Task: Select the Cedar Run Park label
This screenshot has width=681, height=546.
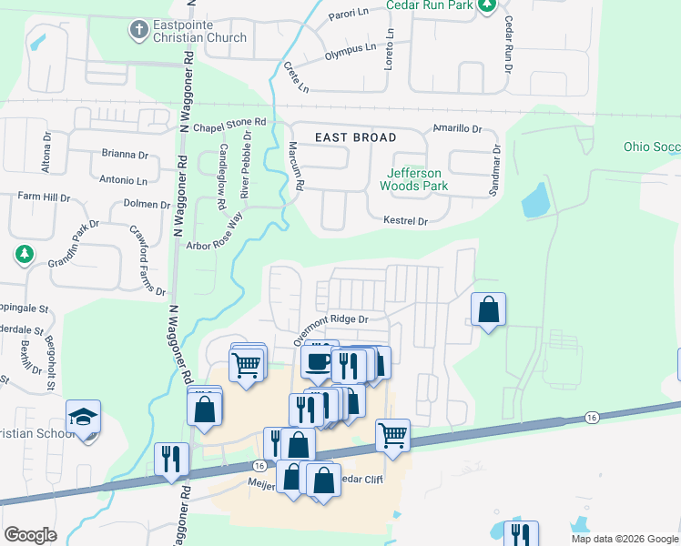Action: (x=431, y=5)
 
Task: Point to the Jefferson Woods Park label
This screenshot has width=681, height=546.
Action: (x=413, y=179)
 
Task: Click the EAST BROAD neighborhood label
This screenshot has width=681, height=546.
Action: (x=356, y=137)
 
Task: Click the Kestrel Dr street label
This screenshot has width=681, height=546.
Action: (x=406, y=221)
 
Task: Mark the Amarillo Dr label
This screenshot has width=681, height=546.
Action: (x=457, y=128)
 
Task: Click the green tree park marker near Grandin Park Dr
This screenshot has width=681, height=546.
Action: (x=25, y=255)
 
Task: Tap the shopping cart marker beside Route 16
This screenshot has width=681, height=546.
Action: (x=392, y=435)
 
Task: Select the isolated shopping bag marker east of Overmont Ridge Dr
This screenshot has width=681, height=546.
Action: (x=489, y=309)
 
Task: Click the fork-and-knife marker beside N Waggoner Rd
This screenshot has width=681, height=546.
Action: (x=171, y=459)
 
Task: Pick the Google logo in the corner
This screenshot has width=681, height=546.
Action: (x=30, y=535)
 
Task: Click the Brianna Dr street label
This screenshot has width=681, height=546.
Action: (x=125, y=155)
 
